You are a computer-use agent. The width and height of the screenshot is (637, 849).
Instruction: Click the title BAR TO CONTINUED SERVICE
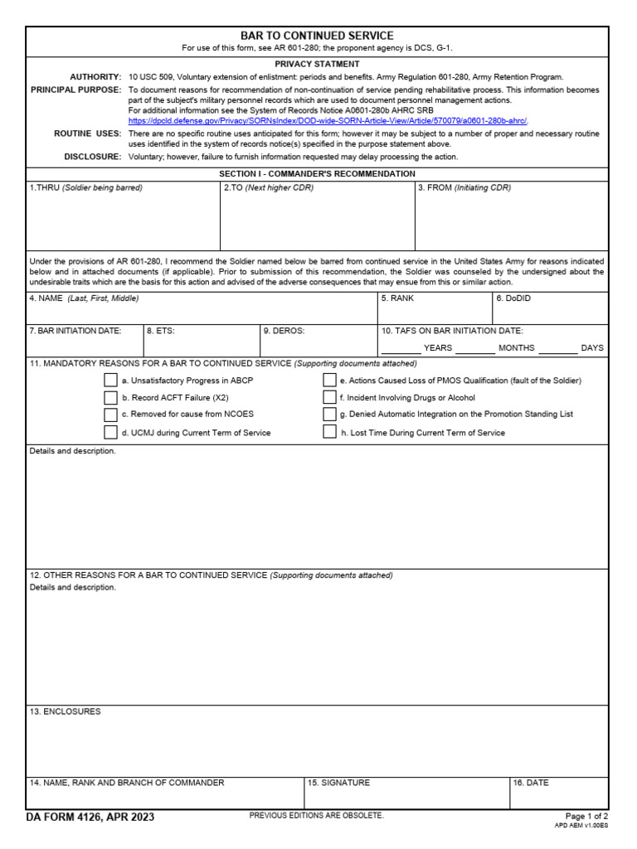coord(317,36)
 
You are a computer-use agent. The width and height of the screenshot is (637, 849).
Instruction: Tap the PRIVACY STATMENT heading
coord(317,64)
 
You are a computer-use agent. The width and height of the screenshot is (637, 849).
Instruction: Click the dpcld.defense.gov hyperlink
coord(328,120)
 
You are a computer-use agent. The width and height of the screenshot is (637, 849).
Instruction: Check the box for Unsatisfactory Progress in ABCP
coord(110,381)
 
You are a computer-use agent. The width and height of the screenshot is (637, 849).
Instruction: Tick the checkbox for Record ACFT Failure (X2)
coord(110,398)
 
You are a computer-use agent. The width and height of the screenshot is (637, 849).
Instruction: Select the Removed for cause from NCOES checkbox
coord(110,415)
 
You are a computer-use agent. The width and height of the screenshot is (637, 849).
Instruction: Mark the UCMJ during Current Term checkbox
coord(110,433)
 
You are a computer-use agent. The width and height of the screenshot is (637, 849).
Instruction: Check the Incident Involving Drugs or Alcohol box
coord(329,398)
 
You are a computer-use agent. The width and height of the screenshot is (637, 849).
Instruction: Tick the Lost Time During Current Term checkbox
coord(329,433)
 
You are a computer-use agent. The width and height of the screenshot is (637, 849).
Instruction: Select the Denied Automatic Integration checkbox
coord(329,415)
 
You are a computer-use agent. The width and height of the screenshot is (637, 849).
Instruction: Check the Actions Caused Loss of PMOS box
coord(329,381)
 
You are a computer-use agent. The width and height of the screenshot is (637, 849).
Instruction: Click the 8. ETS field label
coord(161,331)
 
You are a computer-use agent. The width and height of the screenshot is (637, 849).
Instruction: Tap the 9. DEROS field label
coord(284,331)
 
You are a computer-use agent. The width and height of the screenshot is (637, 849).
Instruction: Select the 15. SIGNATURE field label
coord(338,783)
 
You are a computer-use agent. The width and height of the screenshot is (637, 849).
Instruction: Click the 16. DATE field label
coord(531,783)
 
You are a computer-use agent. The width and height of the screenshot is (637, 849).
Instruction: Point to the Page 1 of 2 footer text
coord(586,817)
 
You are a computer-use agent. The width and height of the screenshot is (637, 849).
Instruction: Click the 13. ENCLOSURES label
coord(65,711)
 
